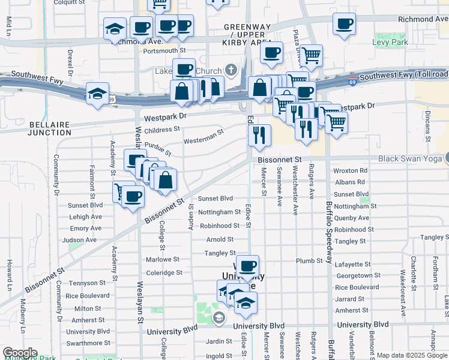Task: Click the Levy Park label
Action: coord(407,43)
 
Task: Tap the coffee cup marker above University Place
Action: coord(247,266)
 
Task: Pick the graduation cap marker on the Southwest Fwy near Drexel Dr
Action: coord(97,94)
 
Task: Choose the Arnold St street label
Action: coord(220,239)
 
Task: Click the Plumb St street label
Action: coord(310,261)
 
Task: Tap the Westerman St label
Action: coord(203,136)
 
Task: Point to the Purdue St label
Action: coord(158,149)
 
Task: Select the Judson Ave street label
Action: coord(79,240)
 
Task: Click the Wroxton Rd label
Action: coord(349,171)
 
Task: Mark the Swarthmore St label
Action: coord(88,343)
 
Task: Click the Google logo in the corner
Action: coord(20,353)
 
